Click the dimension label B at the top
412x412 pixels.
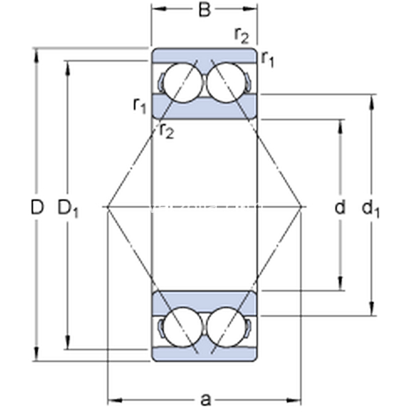tap(205, 10)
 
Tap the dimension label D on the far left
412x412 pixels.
tap(37, 207)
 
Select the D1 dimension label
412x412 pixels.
tap(68, 208)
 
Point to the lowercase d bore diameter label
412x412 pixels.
tap(340, 207)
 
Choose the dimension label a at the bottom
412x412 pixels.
tap(205, 400)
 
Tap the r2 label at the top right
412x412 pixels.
tap(241, 36)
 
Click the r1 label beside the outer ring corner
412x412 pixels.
tap(268, 59)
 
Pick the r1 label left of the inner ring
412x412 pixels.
tap(139, 105)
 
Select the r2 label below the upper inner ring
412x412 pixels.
tap(167, 130)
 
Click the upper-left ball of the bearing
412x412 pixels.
tap(183, 82)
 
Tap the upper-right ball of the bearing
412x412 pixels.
tap(227, 82)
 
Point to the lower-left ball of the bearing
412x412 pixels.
tap(183, 327)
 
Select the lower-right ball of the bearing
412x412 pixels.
tap(227, 327)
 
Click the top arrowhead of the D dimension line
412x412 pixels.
tap(36, 55)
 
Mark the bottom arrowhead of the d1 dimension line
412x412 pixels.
tap(371, 308)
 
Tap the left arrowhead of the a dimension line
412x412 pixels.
tap(115, 400)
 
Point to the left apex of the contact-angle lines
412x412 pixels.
tap(108, 207)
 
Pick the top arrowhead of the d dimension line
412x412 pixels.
tap(341, 126)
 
